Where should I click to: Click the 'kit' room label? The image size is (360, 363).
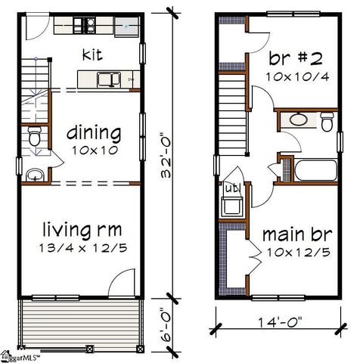coord(93,54)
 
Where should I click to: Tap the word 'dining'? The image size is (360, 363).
coord(94,134)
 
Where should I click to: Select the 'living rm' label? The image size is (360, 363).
coord(82,228)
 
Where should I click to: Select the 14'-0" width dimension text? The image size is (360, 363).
coord(276,322)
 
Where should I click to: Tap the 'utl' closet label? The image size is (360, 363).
coord(228,187)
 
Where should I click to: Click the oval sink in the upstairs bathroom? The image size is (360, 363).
coord(299,119)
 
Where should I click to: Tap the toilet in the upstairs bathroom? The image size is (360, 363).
coord(327,121)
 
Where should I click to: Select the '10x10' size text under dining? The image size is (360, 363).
coord(95,150)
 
